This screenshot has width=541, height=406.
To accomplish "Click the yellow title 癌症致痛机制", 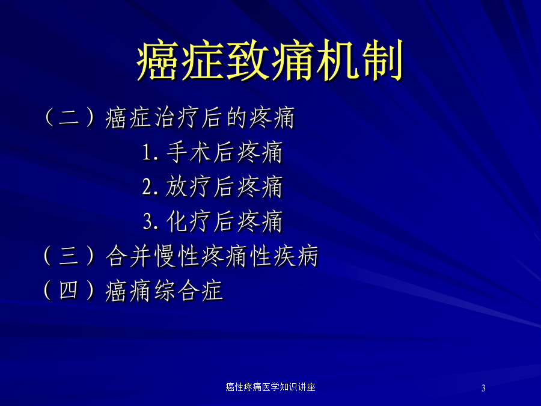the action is (x=270, y=60).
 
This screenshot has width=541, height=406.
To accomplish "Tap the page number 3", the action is (x=483, y=388).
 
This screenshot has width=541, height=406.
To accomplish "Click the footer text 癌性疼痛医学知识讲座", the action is (x=270, y=387).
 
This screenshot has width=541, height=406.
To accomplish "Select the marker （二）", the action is (x=69, y=117).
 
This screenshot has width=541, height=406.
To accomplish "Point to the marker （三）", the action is (x=69, y=256).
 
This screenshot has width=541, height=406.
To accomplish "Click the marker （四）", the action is (x=69, y=291).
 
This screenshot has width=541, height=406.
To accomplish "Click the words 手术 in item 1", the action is (x=189, y=152).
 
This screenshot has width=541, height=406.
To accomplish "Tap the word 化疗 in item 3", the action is (x=189, y=221).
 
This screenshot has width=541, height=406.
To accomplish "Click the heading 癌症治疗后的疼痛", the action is (x=200, y=118).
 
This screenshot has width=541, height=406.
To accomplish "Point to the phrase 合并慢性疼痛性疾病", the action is (x=212, y=256).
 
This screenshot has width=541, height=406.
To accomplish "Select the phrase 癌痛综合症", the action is (x=164, y=291).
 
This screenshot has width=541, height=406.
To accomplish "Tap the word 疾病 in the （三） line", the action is (x=296, y=256).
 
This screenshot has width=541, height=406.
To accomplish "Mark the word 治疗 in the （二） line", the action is (x=176, y=118).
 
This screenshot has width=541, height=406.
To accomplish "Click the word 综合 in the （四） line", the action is (x=176, y=291).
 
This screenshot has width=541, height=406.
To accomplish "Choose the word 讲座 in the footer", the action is (x=307, y=387).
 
